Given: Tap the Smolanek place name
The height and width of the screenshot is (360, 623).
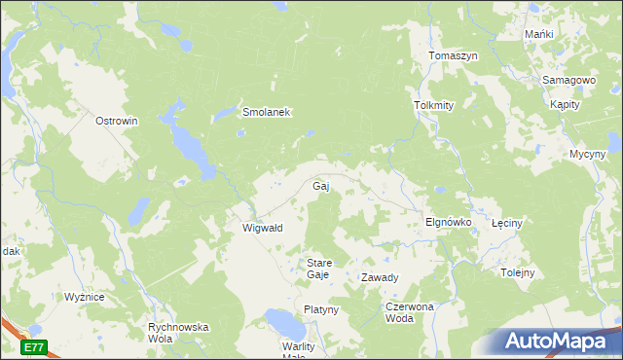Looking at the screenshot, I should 267,113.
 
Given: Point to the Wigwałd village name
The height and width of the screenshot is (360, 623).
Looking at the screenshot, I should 262,228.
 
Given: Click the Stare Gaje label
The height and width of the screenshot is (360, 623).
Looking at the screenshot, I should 319,269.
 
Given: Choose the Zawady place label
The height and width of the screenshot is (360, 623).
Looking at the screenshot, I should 380,277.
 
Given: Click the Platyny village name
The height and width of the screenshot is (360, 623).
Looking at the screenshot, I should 320,309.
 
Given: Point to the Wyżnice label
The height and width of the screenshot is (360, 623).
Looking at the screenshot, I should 84,297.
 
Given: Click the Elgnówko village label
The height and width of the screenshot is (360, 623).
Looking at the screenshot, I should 448,222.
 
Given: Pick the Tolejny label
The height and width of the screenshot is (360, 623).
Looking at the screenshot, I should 517,272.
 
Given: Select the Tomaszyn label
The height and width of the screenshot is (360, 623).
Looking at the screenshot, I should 453,56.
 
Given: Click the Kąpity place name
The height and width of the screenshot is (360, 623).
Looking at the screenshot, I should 565,104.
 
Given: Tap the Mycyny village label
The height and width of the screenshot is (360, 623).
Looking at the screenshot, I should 588,154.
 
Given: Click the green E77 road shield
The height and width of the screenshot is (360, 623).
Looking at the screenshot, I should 34,346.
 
